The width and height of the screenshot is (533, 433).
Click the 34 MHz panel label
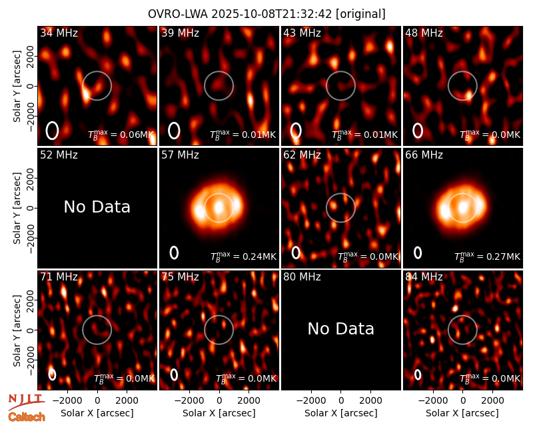tap(59, 33)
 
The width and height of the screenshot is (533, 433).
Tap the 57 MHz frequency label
tap(180, 155)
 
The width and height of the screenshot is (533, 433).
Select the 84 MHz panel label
tap(424, 277)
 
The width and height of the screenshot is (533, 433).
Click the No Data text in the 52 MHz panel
tap(97, 207)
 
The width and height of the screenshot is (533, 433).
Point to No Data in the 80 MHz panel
tap(341, 328)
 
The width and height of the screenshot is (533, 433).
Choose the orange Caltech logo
tap(27, 417)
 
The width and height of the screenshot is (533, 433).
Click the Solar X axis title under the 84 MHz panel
tap(462, 413)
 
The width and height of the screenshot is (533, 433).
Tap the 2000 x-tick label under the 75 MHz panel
tap(249, 401)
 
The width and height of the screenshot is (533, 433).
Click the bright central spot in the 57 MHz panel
tap(219, 207)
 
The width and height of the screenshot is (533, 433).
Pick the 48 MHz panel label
tap(424, 33)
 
